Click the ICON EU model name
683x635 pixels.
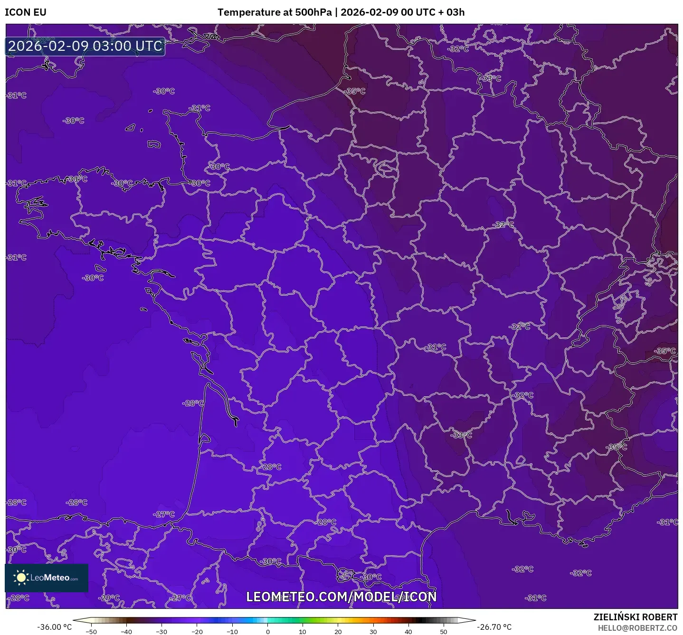tap(26, 12)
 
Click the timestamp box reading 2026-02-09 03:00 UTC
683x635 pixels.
tap(85, 46)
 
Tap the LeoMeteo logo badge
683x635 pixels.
tap(47, 578)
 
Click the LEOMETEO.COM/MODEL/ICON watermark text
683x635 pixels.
tap(341, 597)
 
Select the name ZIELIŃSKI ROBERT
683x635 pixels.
tap(635, 617)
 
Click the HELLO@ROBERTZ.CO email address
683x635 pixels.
tap(637, 628)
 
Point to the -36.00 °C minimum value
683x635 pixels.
tap(54, 627)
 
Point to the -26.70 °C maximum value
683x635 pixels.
tap(494, 627)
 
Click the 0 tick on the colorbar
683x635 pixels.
tap(268, 631)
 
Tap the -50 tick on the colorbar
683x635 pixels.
tap(91, 631)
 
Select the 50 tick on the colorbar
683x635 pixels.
tap(444, 631)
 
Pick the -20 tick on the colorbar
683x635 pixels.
tap(197, 631)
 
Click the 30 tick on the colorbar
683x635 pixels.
tap(373, 631)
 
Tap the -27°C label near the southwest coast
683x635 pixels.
tap(164, 514)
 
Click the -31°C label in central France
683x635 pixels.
tap(436, 347)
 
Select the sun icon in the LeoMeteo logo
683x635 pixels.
tap(21, 577)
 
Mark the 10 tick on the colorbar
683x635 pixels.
tap(303, 631)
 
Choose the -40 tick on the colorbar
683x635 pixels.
tap(126, 631)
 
